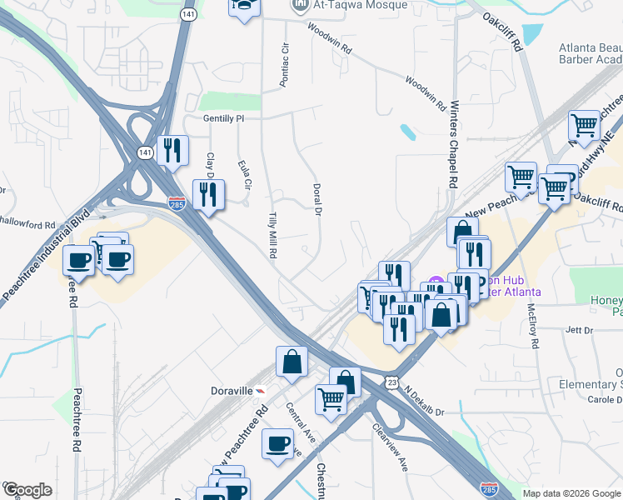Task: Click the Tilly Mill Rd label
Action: pos(272,235)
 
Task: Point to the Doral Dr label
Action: pos(316,200)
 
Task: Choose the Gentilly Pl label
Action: pos(223,118)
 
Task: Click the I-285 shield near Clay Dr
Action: pos(177,202)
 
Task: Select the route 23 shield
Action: pos(391,381)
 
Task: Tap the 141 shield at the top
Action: pos(189,15)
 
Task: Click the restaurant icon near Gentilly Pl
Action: pos(172,151)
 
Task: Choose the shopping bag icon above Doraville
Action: pos(292,362)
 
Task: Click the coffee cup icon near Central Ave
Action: pos(277,444)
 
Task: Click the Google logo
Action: pos(27,490)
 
